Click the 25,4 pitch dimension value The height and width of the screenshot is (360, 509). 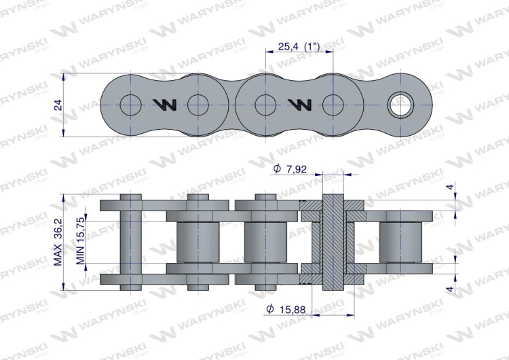(288, 47)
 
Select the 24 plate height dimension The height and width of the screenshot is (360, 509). (58, 105)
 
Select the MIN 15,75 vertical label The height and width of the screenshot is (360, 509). (81, 242)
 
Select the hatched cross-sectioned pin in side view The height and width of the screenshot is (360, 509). (333, 242)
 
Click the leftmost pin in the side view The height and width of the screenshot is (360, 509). (130, 242)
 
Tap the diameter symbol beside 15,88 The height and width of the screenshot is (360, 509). (269, 310)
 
